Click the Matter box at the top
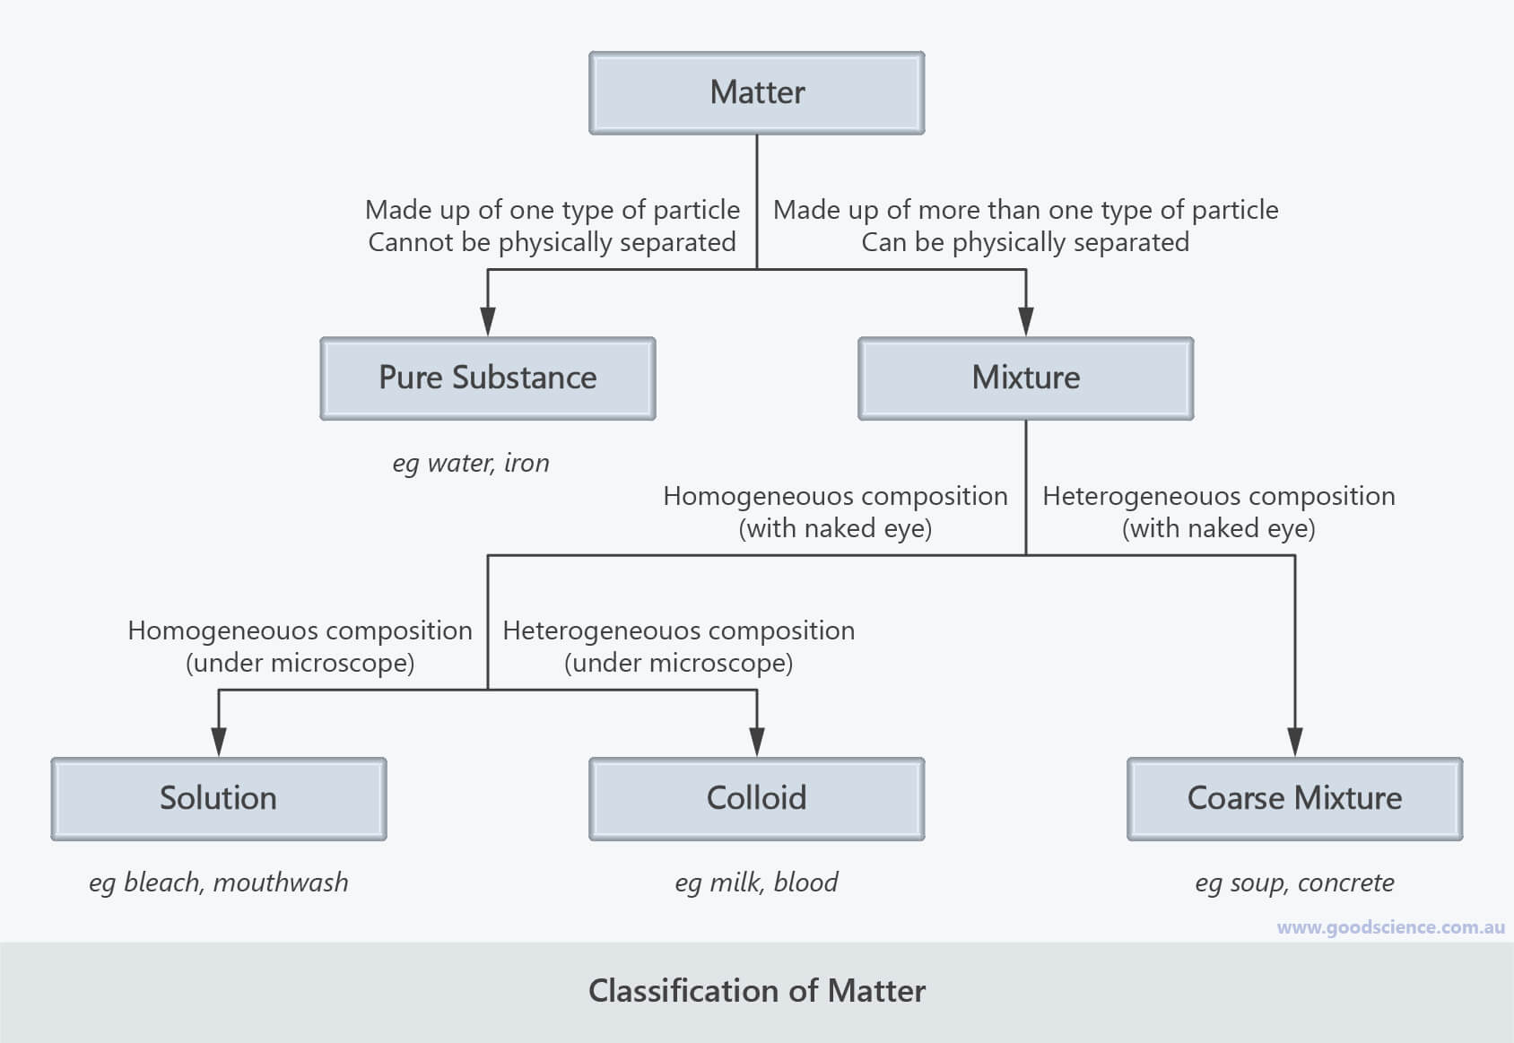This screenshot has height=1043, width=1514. [756, 92]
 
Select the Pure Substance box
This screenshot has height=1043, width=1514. [487, 378]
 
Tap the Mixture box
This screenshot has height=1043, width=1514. [1025, 378]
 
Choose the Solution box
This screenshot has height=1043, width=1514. [218, 798]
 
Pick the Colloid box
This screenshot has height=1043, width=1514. [756, 798]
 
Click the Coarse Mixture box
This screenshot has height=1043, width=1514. [1294, 798]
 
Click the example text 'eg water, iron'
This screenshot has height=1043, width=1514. [471, 464]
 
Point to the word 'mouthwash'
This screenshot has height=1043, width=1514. [281, 883]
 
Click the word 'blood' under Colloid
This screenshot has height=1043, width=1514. [805, 883]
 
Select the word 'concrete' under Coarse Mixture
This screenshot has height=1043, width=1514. [1345, 883]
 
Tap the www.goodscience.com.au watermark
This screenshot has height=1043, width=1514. [1390, 927]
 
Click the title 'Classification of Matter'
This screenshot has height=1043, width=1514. [756, 991]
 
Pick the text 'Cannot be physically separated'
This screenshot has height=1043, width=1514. [552, 242]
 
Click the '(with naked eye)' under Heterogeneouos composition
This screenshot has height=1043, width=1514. [1218, 528]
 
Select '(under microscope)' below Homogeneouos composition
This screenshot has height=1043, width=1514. [300, 663]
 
